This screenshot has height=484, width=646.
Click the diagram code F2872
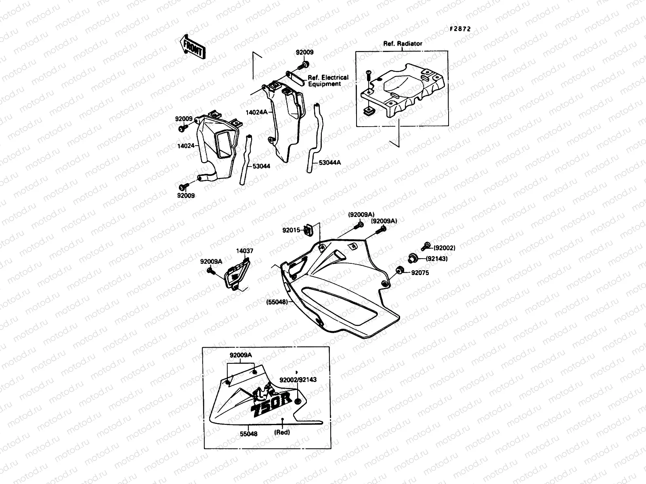pyautogui.click(x=461, y=29)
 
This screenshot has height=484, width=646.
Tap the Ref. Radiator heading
pyautogui.click(x=403, y=44)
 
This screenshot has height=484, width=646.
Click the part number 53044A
pyautogui.click(x=330, y=163)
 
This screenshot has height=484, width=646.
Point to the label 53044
pyautogui.click(x=261, y=166)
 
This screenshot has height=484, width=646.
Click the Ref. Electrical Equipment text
pyautogui.click(x=328, y=81)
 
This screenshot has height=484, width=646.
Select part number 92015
pyautogui.click(x=291, y=230)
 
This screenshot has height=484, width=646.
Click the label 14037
pyautogui.click(x=245, y=251)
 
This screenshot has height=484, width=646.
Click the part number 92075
pyautogui.click(x=420, y=273)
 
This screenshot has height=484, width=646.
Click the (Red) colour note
pyautogui.click(x=283, y=432)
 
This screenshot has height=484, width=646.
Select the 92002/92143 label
pyautogui.click(x=298, y=380)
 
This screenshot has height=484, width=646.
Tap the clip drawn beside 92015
pyautogui.click(x=308, y=229)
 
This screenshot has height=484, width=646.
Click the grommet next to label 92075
pyautogui.click(x=399, y=270)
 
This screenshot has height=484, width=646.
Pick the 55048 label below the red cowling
pyautogui.click(x=249, y=434)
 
